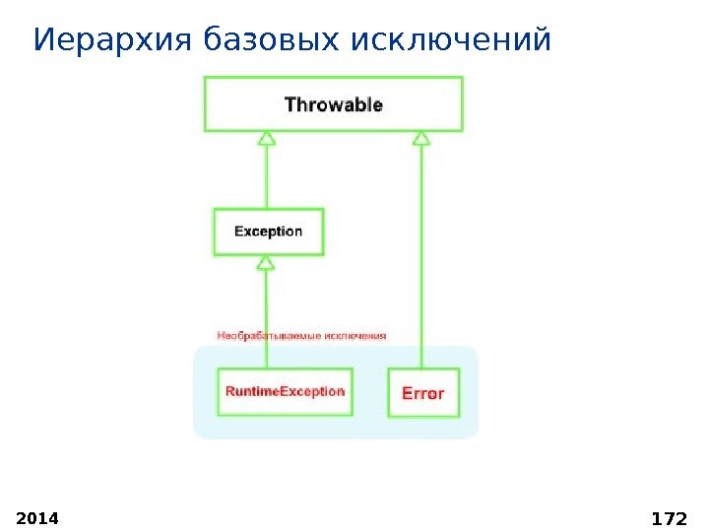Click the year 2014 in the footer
38,517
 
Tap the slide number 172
669,517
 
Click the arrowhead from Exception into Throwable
267,139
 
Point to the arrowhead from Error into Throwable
421,139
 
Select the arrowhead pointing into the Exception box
265,262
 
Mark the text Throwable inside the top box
334,104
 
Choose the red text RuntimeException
286,391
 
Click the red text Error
423,392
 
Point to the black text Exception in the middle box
269,232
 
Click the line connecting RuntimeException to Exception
265,315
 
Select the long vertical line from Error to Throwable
421,256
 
